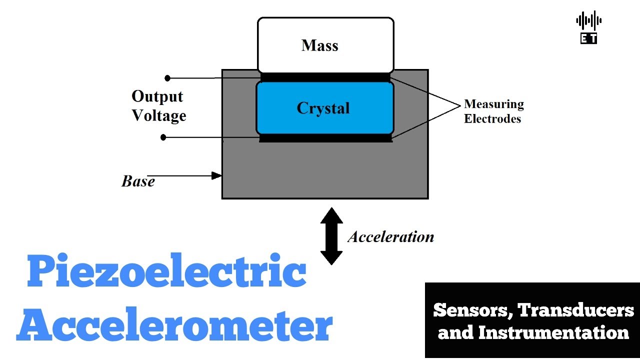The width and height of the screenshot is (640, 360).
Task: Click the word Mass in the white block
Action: [x=320, y=45]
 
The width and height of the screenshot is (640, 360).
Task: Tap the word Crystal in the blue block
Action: [x=323, y=108]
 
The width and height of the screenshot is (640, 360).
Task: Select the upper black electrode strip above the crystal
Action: [x=325, y=77]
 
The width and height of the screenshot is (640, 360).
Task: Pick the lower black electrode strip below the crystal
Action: [x=325, y=138]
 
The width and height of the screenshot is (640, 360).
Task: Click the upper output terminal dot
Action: [x=167, y=78]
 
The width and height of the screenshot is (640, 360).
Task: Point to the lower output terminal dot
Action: [x=163, y=137]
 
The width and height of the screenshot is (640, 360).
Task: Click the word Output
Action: [x=157, y=96]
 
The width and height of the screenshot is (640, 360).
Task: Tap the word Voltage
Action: [x=158, y=115]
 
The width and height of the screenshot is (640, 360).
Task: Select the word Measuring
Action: [x=493, y=104]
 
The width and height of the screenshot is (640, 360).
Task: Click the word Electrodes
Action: [x=492, y=118]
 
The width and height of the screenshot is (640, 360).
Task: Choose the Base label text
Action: [x=138, y=181]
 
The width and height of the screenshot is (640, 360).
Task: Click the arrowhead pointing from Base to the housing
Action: [x=216, y=175]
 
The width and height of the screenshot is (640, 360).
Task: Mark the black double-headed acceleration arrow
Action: [x=331, y=236]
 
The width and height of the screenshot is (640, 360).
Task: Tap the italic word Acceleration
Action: [x=390, y=236]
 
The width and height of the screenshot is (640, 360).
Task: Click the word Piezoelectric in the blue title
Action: [x=166, y=273]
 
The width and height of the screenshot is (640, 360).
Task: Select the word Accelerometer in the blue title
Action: [x=174, y=325]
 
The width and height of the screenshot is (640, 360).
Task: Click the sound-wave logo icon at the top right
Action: [x=588, y=20]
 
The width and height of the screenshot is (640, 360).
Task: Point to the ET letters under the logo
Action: [x=588, y=38]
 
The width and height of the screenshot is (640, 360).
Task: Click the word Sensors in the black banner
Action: [x=472, y=310]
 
